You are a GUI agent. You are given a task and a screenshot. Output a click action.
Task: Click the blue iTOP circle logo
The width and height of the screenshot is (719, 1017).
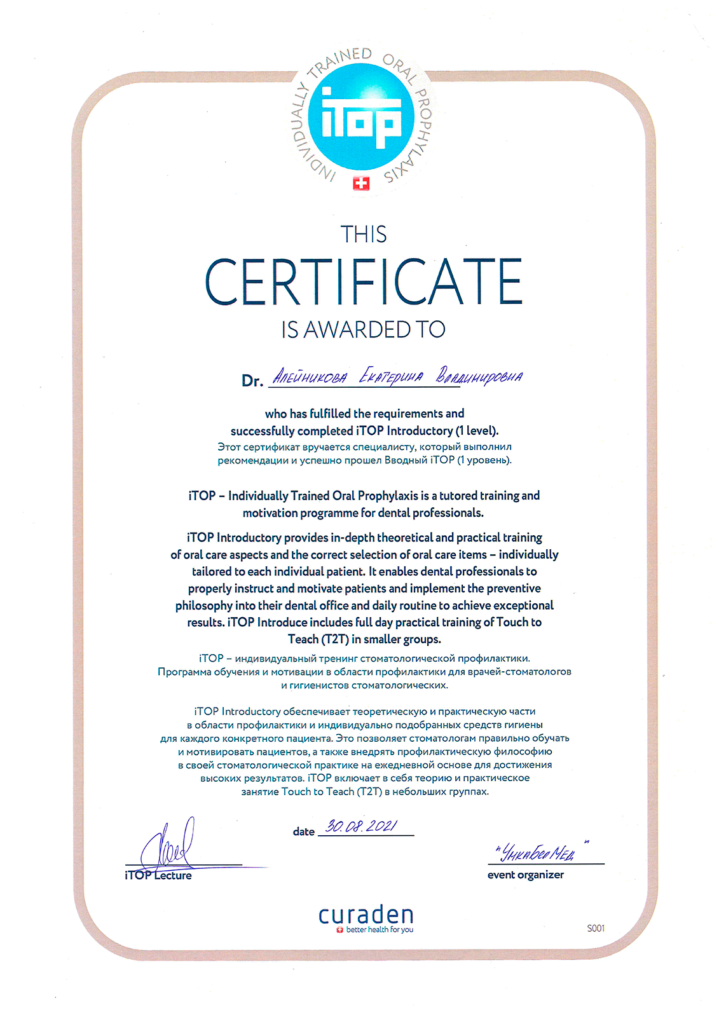tap(361, 118)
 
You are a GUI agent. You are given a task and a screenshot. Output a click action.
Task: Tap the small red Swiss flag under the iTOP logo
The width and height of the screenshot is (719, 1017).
tap(361, 184)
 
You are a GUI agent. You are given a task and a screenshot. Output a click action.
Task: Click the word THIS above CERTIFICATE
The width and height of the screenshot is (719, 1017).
tap(364, 235)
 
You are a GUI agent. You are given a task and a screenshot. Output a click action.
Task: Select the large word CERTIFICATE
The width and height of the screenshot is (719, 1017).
tap(364, 282)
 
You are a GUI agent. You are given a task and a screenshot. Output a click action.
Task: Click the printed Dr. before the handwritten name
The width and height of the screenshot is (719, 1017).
tap(252, 381)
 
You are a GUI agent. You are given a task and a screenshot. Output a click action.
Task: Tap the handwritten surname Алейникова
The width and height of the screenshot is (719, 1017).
tap(310, 377)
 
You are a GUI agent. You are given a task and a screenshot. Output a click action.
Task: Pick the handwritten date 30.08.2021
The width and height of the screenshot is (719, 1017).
tap(361, 826)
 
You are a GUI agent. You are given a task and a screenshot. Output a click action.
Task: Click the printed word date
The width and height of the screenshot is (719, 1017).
tap(304, 831)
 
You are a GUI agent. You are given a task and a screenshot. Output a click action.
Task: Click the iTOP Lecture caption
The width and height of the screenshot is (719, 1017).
tap(158, 875)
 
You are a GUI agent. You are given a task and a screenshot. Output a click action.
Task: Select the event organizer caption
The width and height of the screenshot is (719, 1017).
tap(526, 875)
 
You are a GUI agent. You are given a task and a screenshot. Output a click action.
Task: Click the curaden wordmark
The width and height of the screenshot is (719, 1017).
tap(366, 915)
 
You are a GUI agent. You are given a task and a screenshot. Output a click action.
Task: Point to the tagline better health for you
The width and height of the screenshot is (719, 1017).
tap(380, 929)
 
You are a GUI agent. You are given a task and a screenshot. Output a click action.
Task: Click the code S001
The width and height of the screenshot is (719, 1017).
tap(596, 928)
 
